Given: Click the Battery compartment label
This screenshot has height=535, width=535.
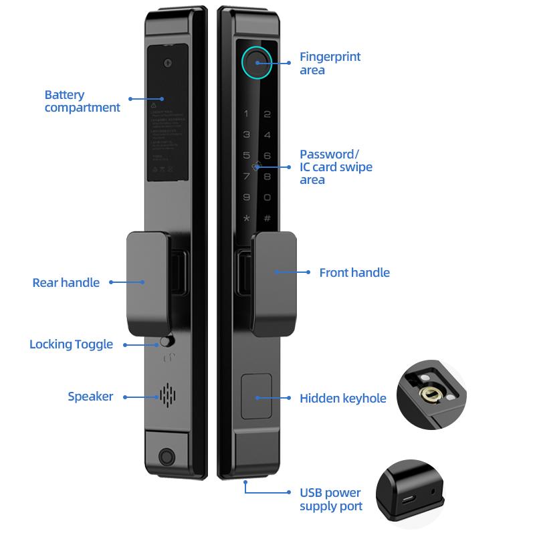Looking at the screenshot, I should click(x=82, y=101).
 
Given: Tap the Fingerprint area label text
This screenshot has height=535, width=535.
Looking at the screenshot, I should click(x=330, y=64).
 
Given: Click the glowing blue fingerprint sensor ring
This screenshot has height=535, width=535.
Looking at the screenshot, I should click(x=255, y=62).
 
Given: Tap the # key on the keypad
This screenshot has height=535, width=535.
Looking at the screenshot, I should click(x=267, y=219).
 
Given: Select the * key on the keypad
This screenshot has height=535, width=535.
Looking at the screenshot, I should click(x=246, y=219).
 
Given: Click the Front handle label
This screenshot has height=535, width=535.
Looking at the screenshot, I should click(x=354, y=273).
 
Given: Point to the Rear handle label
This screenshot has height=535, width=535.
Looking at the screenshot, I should click(x=66, y=283).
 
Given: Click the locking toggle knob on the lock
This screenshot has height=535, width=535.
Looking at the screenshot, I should click(x=165, y=342).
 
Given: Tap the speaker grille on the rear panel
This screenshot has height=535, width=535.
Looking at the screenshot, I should click(x=166, y=396).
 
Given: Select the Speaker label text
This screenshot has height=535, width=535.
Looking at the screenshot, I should click(x=90, y=397).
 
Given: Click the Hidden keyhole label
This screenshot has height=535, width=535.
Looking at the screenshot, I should click(x=342, y=399).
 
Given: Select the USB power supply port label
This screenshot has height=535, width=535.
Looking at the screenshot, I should click(x=331, y=500).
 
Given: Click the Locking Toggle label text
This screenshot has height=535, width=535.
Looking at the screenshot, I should click(x=71, y=344).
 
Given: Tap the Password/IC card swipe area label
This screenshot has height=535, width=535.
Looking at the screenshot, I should click(x=336, y=167).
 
